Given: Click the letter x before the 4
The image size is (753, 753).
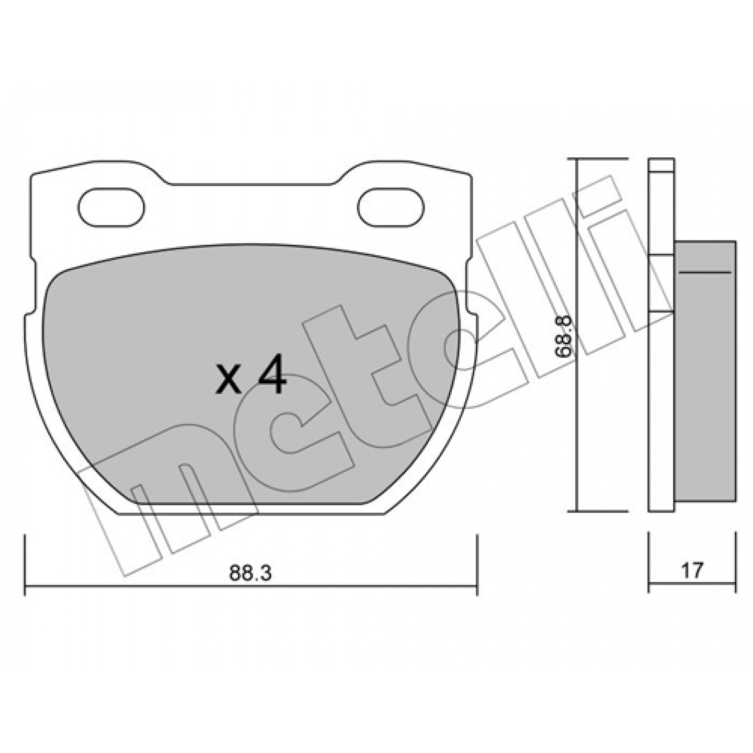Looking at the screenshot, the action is click(x=229, y=385).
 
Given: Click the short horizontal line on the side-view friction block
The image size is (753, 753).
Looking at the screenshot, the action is click(x=705, y=271).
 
